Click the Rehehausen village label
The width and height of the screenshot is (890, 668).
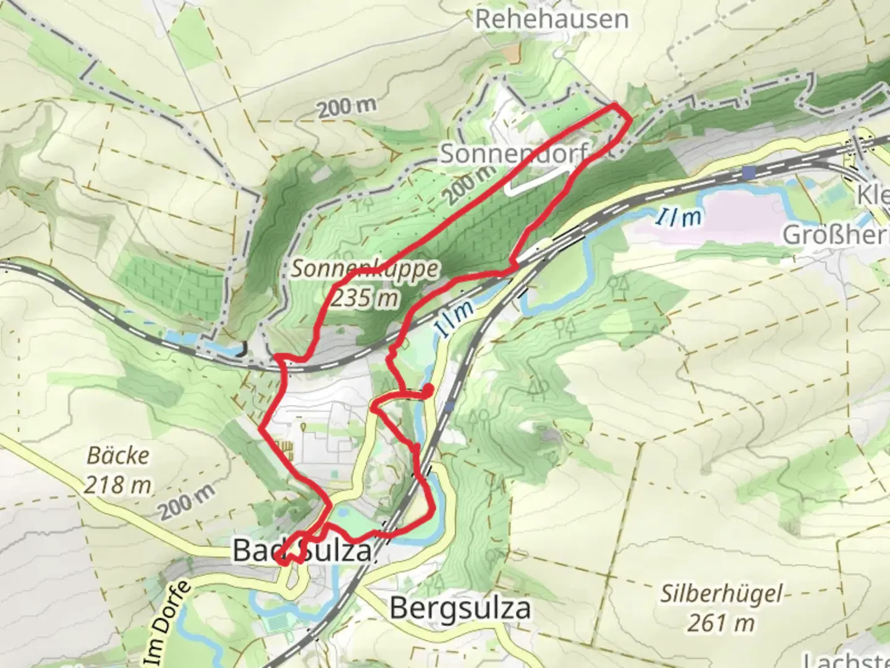(x=551, y=19)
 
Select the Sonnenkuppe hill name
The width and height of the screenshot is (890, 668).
(x=365, y=269)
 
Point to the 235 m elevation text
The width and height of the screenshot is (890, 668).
(x=365, y=298)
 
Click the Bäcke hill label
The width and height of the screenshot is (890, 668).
(x=117, y=456)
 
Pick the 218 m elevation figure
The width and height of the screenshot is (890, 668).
(x=117, y=485)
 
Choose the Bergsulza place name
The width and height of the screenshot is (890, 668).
(x=460, y=609)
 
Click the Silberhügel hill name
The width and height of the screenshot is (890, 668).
(x=721, y=594)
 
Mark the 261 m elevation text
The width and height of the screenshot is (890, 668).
(x=721, y=622)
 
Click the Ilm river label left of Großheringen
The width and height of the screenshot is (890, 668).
(x=679, y=217)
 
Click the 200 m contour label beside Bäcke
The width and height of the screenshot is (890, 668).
(x=186, y=501)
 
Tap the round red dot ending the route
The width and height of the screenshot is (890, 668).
(x=427, y=390)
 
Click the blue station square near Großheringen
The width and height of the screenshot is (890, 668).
(x=750, y=172)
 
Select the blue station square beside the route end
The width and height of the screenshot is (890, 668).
(x=449, y=406)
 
